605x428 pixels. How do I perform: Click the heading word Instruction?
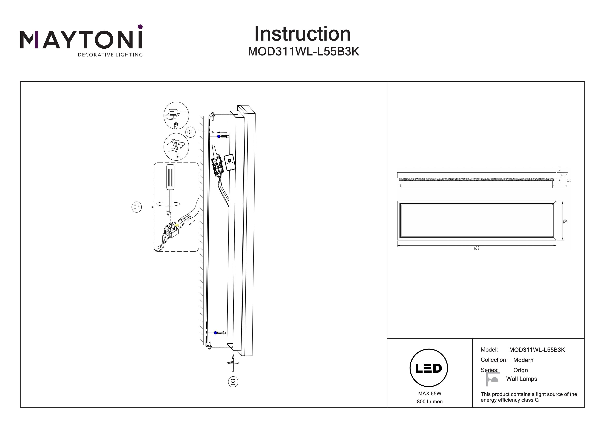coord(302,34)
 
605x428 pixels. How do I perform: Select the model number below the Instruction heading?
coord(303,52)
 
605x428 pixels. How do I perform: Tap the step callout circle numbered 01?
coord(190,132)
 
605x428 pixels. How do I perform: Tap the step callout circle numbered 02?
coord(136,207)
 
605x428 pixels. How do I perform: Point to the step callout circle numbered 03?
coord(233,382)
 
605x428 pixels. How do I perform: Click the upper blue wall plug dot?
coord(218,136)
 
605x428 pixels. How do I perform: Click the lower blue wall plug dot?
coord(215,333)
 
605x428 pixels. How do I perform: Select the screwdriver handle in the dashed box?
coord(170,177)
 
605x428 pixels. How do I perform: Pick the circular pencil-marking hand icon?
coord(176,147)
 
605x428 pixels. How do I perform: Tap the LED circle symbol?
coord(429,368)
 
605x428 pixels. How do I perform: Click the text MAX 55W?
coord(430,394)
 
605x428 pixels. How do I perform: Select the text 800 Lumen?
coord(430,402)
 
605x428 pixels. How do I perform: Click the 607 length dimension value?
coord(476,248)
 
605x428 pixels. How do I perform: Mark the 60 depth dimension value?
coord(569,181)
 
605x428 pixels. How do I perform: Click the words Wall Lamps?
coord(522,379)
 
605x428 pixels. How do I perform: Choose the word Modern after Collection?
coord(523,360)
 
